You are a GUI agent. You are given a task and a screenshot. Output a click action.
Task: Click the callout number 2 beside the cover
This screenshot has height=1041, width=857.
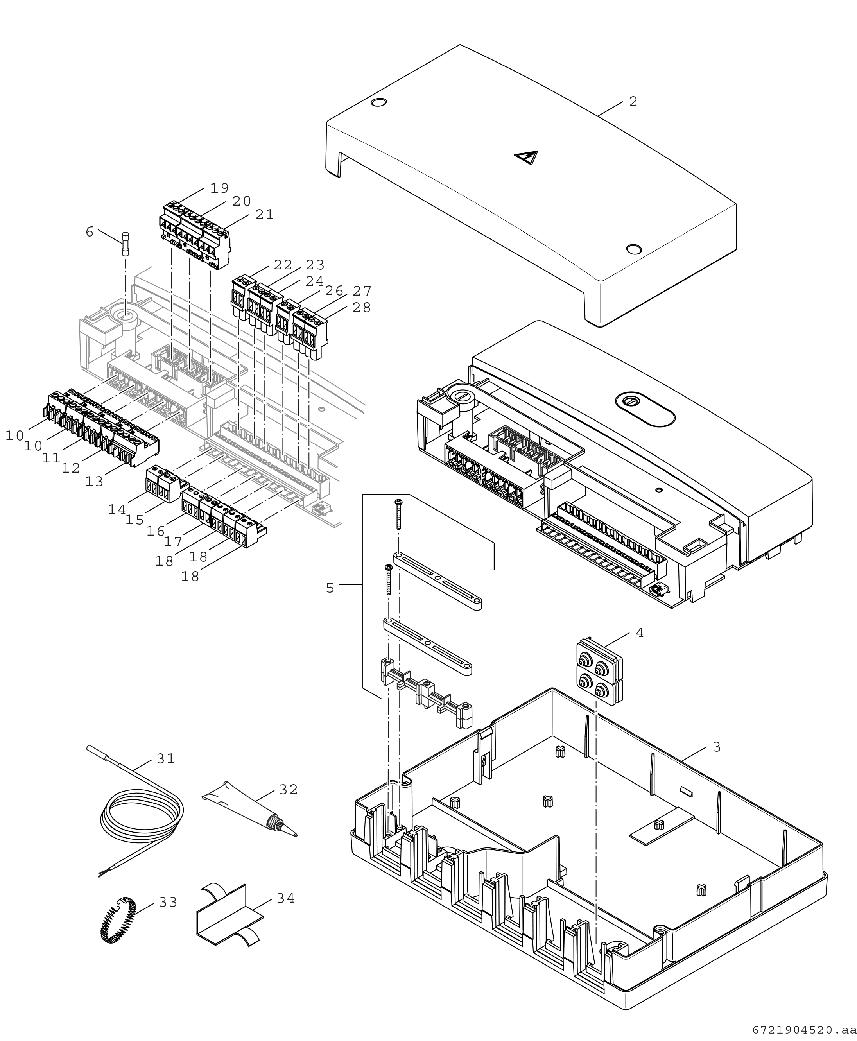(x=633, y=102)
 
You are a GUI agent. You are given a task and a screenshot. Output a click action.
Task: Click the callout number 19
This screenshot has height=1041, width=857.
(x=220, y=188)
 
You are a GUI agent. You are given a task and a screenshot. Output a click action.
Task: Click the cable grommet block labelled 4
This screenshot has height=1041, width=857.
(x=600, y=669)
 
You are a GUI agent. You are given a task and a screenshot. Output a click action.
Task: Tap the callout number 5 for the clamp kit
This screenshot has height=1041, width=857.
(x=330, y=588)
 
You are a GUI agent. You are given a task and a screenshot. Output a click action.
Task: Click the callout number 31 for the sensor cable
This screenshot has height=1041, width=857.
(x=166, y=759)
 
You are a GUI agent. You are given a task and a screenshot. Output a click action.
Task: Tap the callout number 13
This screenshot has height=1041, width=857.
(x=94, y=481)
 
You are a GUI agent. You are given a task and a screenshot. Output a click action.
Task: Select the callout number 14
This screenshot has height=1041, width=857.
(x=117, y=509)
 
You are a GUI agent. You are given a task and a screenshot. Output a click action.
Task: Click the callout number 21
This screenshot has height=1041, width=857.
(x=265, y=215)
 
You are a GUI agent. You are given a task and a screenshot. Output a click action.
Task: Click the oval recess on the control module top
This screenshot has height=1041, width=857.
(x=645, y=409)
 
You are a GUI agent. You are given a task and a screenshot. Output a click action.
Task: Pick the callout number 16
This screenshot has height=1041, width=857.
(x=156, y=531)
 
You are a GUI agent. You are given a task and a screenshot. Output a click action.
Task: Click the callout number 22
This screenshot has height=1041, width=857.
(x=283, y=265)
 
